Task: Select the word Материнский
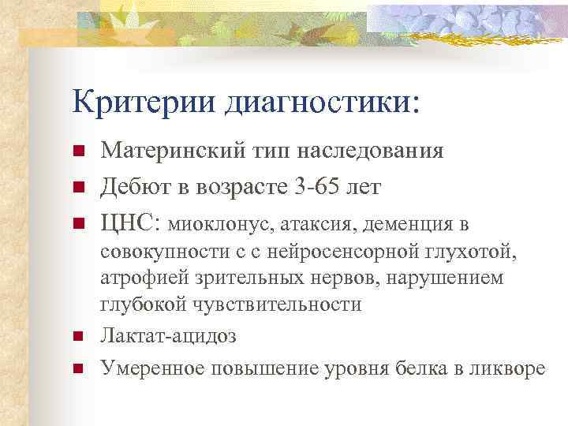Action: coord(163,151)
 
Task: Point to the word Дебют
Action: coord(131,187)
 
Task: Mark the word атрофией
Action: coord(143,279)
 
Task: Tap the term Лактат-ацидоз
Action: coord(167,335)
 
